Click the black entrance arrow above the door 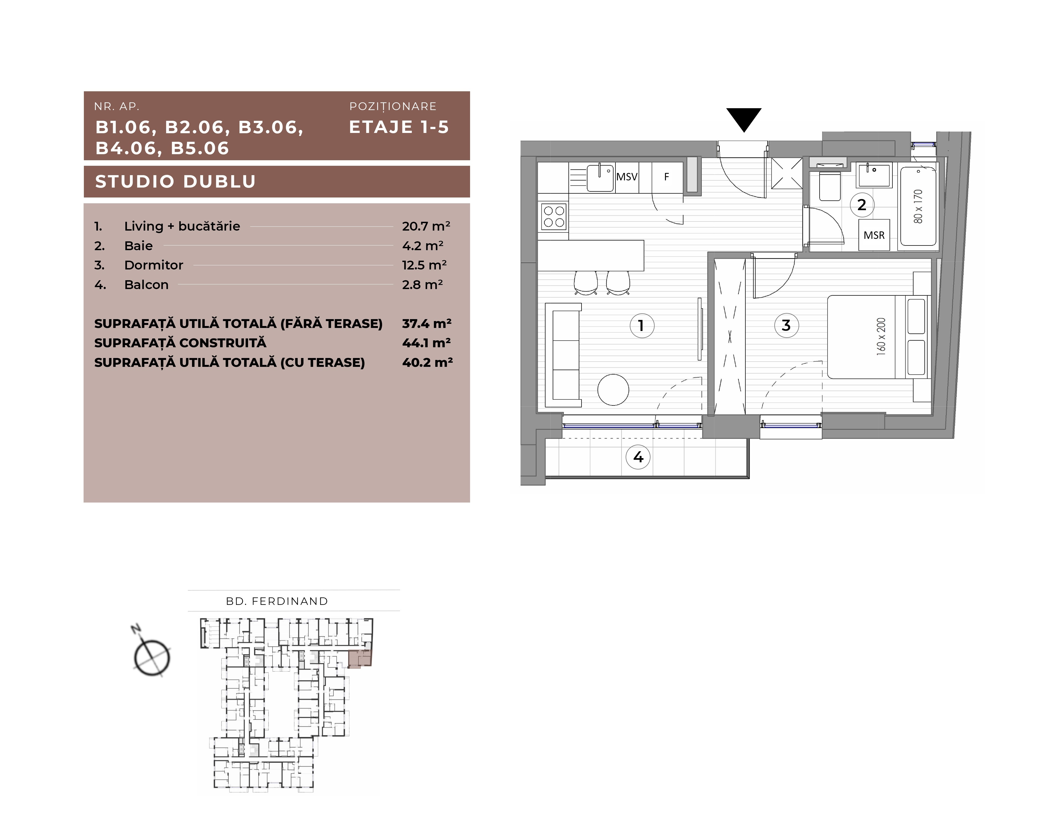click(x=744, y=119)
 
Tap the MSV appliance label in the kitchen click(x=626, y=177)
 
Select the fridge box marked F click(x=667, y=177)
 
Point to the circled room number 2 click(x=862, y=205)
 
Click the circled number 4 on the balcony click(x=638, y=457)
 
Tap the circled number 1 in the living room click(x=642, y=326)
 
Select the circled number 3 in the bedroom click(x=786, y=326)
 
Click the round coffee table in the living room click(x=613, y=390)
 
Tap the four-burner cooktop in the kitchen click(x=554, y=217)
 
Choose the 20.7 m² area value click(x=426, y=226)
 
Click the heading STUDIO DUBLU click(x=175, y=181)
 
